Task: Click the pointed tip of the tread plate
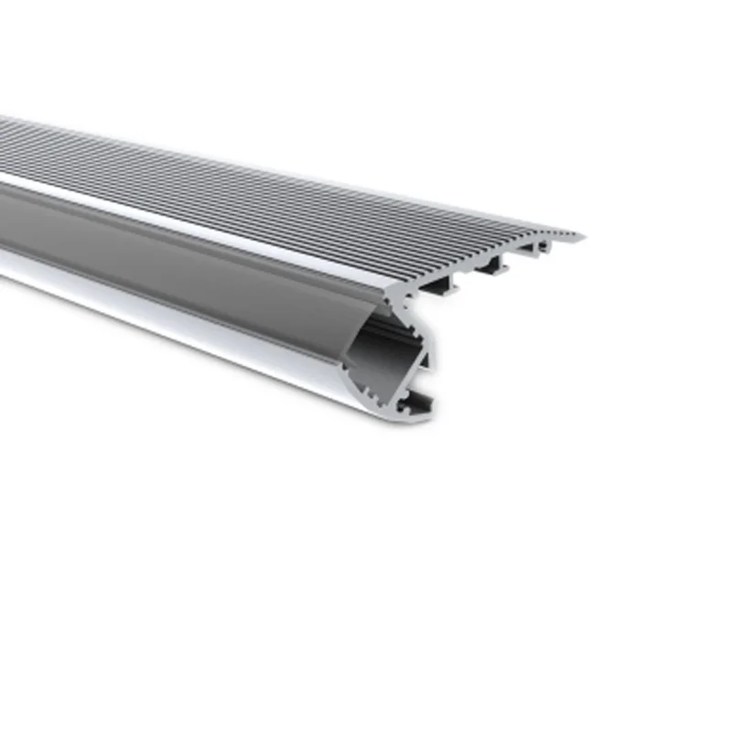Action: [583, 237]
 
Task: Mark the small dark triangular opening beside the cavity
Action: [423, 361]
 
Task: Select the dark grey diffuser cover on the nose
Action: [183, 265]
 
